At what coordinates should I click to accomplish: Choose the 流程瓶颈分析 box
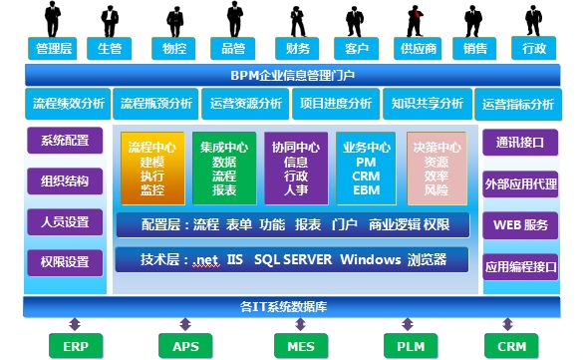156,103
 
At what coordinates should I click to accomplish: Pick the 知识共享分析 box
428,103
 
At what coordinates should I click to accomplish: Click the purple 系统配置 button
65,141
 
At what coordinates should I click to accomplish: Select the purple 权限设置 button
65,262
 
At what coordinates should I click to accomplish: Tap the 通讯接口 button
518,142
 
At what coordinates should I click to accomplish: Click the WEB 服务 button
518,224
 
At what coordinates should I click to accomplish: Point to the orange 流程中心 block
151,167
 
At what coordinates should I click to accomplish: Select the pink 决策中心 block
436,167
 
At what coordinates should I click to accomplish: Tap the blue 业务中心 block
366,167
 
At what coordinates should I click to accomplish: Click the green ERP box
76,346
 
